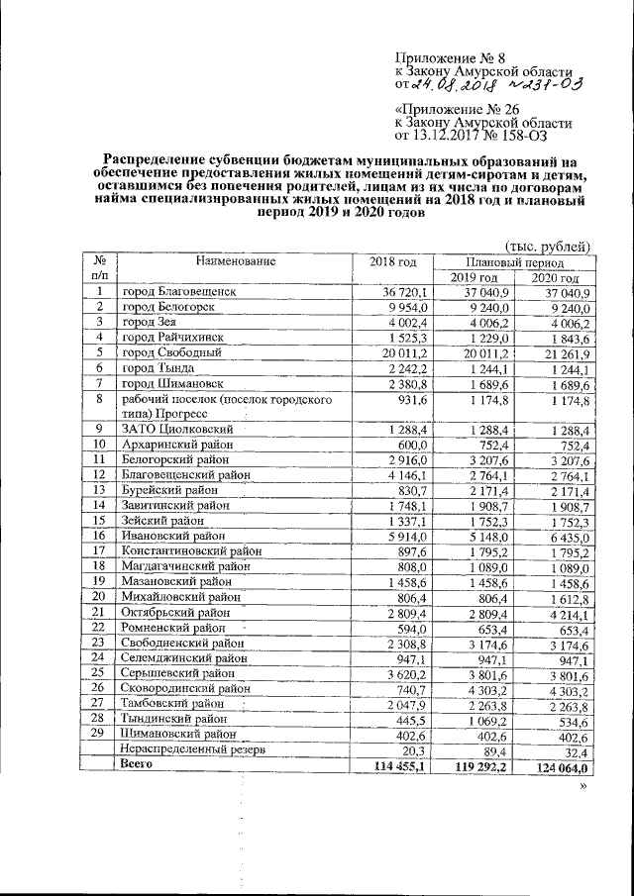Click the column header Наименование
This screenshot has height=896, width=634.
235,261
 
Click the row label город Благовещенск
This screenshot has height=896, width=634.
179,293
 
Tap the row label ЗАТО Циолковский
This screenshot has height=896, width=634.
177,431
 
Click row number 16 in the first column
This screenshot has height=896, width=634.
99,536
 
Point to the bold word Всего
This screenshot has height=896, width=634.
136,765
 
